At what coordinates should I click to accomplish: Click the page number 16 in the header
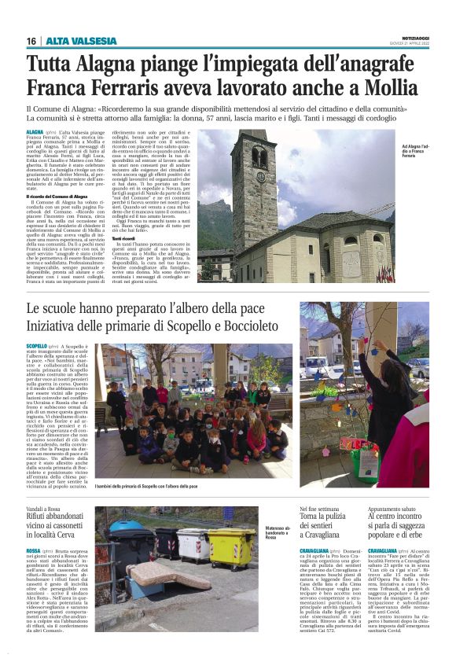[31, 41]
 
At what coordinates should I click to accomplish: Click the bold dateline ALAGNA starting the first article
[35, 133]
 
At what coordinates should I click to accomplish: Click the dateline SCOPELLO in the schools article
[36, 346]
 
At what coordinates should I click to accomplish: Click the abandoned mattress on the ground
[164, 576]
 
